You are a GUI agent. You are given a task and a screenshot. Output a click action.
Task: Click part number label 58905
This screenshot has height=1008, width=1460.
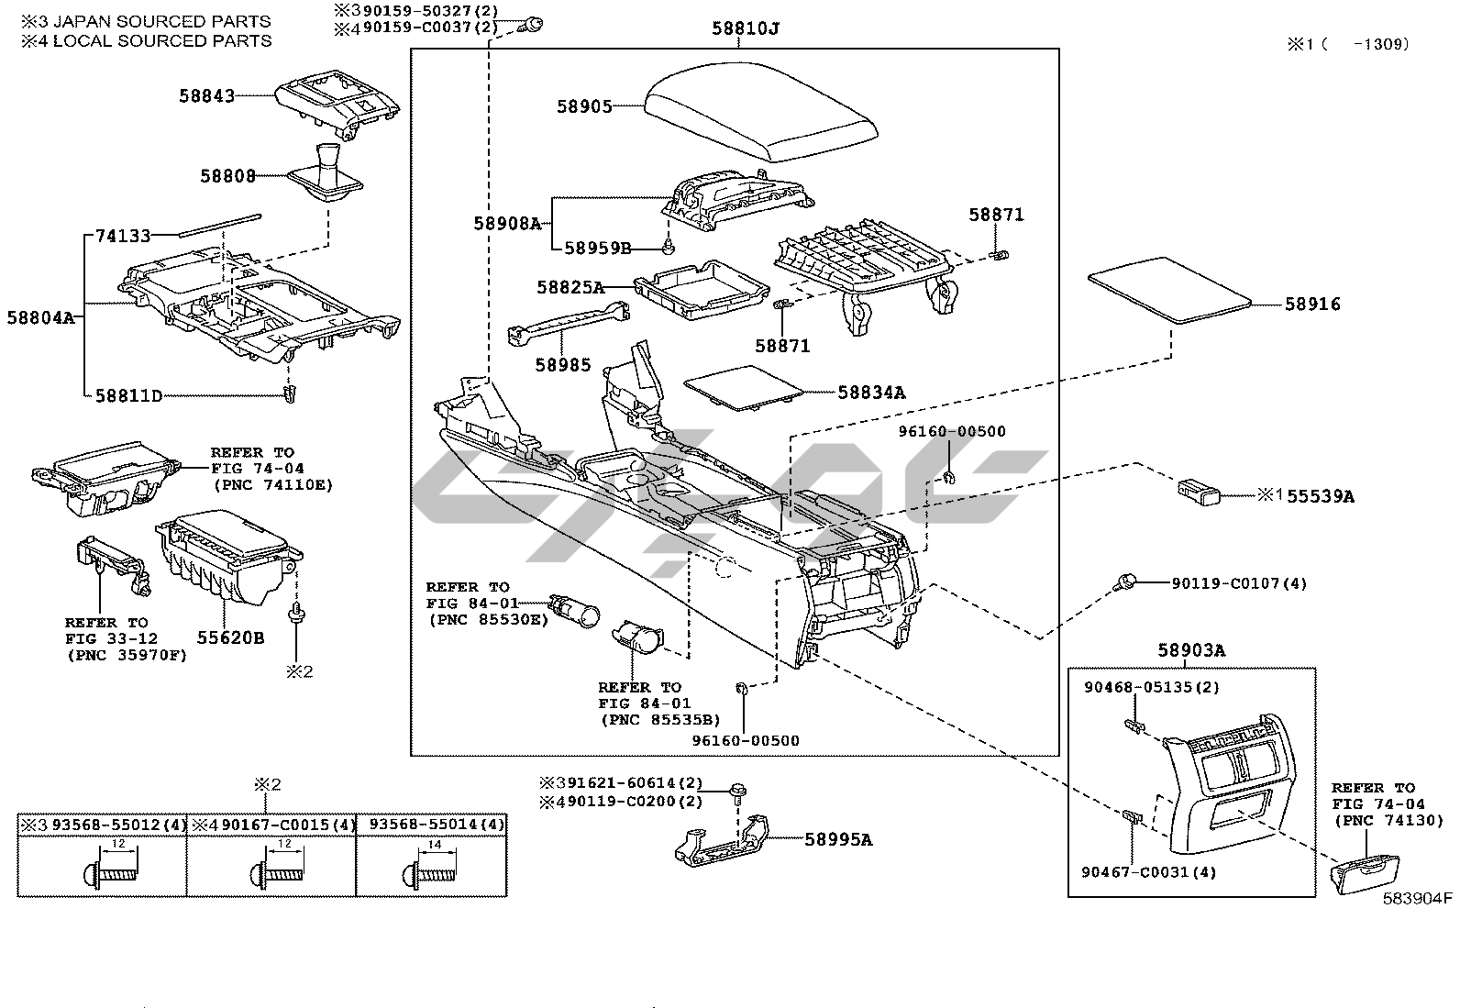(584, 106)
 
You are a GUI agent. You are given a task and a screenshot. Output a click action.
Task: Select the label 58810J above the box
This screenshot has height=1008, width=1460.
(745, 28)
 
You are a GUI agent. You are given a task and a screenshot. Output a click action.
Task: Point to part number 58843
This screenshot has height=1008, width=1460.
(206, 95)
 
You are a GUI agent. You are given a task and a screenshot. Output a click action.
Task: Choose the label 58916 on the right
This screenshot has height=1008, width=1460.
(1311, 304)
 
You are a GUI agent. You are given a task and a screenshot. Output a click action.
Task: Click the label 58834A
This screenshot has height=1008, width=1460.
(870, 393)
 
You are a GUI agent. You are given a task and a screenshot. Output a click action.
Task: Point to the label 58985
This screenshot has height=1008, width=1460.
(563, 365)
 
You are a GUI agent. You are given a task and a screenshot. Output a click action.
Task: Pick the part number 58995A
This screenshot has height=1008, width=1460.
(838, 838)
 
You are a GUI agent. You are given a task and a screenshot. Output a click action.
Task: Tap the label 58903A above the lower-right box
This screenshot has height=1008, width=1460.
(1190, 650)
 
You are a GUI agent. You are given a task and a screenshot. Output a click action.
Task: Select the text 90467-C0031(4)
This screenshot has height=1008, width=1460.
(1136, 871)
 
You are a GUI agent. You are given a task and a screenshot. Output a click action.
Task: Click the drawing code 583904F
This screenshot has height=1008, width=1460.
(1419, 898)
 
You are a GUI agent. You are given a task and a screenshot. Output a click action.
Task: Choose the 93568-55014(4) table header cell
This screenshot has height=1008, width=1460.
(431, 825)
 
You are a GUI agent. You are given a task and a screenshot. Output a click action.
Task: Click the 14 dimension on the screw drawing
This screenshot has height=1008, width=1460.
(434, 843)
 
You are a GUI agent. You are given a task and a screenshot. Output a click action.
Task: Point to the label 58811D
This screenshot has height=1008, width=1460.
(128, 395)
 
